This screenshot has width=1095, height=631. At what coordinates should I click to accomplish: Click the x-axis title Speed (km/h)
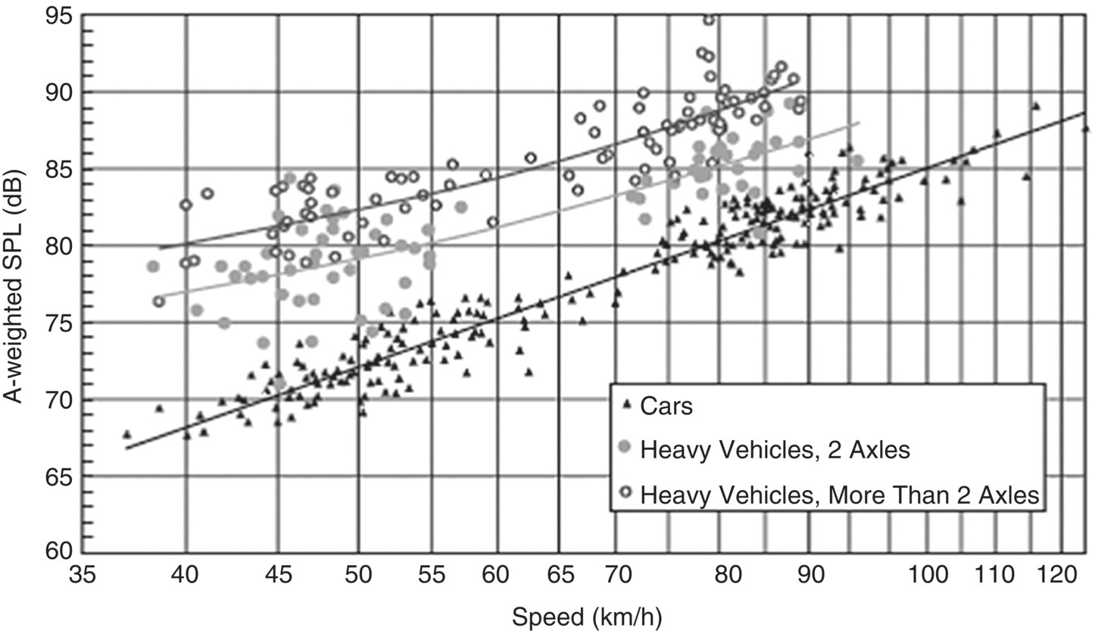587,617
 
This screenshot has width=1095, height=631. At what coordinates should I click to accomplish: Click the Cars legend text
666,407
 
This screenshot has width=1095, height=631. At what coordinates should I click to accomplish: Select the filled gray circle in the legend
625,448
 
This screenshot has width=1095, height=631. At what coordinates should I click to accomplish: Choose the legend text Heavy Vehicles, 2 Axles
774,450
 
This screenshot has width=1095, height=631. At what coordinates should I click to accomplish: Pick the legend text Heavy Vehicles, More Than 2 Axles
838,495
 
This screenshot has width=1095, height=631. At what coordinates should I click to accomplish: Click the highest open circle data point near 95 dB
709,20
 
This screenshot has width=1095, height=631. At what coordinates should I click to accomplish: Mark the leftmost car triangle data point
126,434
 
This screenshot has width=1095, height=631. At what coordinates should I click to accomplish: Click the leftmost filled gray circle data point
154,267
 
